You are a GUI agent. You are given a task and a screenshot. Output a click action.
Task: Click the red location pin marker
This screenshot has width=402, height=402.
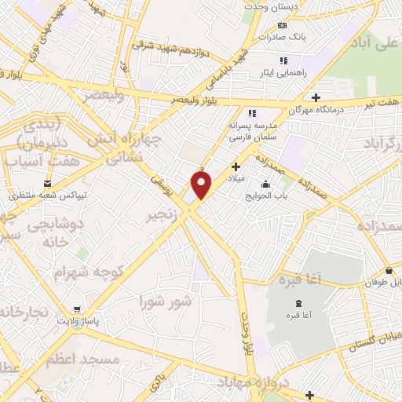click(202, 185)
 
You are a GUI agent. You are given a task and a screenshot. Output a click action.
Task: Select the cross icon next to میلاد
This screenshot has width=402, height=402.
click(236, 166)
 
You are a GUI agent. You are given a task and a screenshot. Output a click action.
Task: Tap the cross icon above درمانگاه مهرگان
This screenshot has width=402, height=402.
click(316, 98)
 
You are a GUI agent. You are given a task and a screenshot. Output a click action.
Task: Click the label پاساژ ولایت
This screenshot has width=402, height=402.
click(77, 322)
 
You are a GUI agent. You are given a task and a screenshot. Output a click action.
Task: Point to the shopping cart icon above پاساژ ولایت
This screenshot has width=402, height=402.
click(77, 309)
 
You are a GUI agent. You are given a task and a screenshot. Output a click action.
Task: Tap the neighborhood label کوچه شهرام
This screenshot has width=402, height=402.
click(79, 272)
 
